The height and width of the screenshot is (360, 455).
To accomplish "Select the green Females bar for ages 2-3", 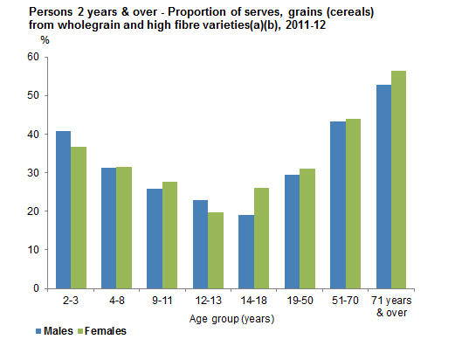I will coord(79,218).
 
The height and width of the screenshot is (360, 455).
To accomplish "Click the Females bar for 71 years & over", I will coord(398,179).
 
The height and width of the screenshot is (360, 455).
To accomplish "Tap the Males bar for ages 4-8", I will coord(109,228).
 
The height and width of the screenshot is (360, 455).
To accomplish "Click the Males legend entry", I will coord(54,331).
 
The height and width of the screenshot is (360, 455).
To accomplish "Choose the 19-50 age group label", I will coord(299,300).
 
